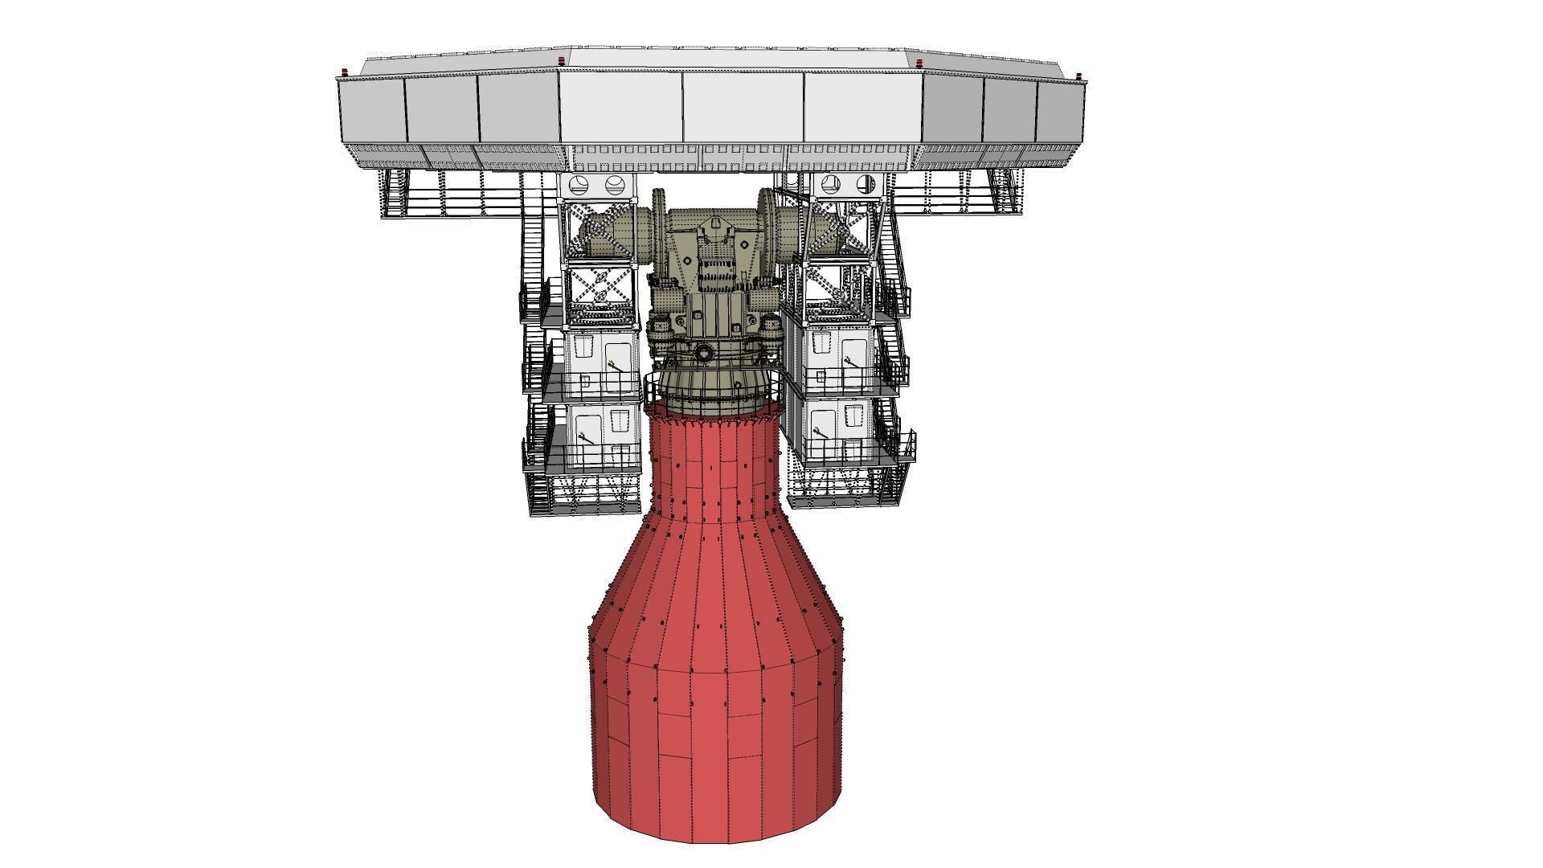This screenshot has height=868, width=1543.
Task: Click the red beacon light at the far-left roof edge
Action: [x=346, y=74]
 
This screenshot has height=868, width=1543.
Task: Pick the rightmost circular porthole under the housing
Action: [x=866, y=184]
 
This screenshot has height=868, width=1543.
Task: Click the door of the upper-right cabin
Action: [x=853, y=362]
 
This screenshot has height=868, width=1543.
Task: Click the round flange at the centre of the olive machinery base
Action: [x=704, y=352]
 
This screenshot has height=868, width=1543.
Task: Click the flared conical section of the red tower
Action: [x=715, y=595]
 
